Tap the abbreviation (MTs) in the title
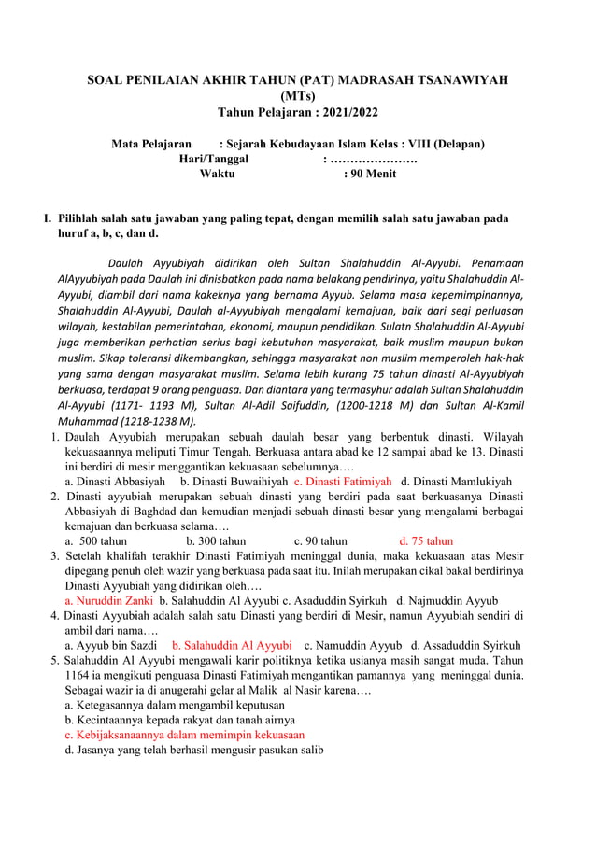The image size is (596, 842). pyautogui.click(x=298, y=96)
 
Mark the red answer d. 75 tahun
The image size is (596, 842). pyautogui.click(x=425, y=540)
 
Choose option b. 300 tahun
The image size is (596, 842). pyautogui.click(x=216, y=540)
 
